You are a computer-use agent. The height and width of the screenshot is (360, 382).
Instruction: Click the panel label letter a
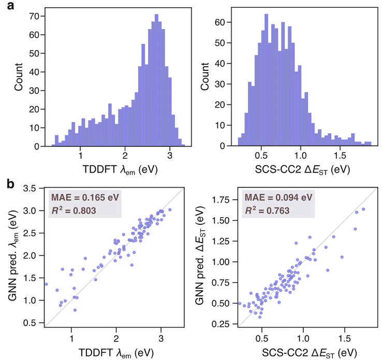click(11, 6)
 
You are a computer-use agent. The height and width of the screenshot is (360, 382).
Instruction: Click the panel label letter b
click(11, 184)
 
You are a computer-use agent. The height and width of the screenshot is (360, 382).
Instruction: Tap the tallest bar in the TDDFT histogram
click(156, 80)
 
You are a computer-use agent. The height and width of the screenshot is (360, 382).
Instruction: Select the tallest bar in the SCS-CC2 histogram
click(266, 80)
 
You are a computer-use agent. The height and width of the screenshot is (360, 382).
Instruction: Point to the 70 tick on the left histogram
click(34, 17)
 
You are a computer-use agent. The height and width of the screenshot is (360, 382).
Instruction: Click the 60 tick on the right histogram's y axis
click(220, 22)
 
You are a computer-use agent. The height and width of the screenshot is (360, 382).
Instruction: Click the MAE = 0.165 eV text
click(85, 197)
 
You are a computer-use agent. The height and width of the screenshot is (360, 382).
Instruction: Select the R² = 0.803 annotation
click(74, 210)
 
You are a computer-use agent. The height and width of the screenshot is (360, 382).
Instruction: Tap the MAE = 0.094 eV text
click(278, 197)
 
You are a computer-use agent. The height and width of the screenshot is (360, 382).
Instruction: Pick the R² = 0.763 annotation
click(267, 210)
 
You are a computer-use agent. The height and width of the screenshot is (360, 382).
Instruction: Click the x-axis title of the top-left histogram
click(120, 170)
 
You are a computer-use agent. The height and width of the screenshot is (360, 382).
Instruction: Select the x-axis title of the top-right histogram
click(303, 170)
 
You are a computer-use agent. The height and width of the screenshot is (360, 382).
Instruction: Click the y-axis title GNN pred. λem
click(13, 255)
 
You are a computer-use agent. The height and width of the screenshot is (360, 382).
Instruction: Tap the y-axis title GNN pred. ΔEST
click(200, 256)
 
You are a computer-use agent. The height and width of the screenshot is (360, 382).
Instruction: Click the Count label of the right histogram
click(205, 77)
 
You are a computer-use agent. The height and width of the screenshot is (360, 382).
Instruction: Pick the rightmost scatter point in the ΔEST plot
click(363, 209)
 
